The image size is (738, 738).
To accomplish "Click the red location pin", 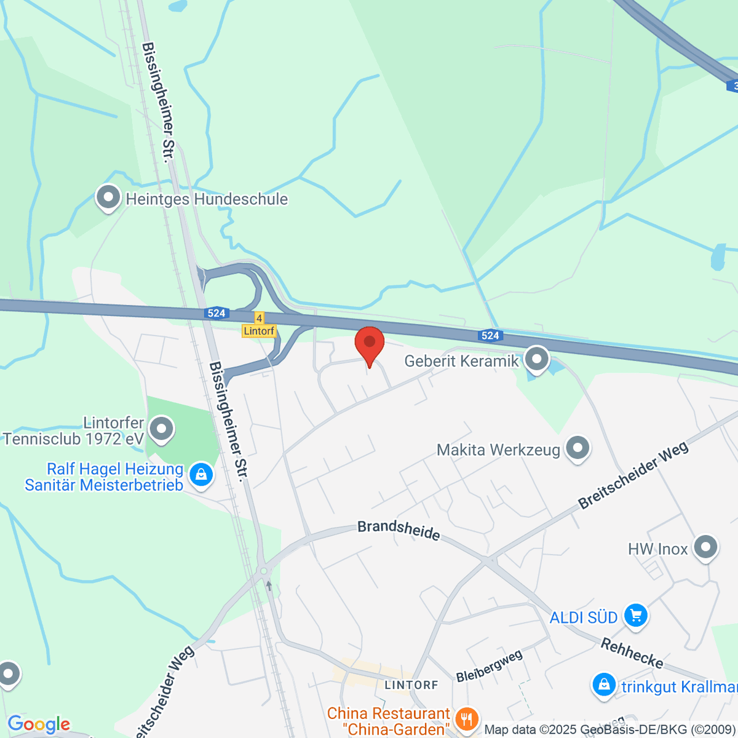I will [370, 344].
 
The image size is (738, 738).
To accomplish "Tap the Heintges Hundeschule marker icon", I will [109, 198].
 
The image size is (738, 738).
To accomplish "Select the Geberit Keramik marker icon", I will [537, 359].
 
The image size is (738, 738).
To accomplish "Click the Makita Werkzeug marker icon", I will [577, 449].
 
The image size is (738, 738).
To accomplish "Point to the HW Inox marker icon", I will [705, 547].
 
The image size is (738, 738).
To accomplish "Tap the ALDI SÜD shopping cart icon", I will [636, 615].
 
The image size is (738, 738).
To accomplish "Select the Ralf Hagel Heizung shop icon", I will [200, 475].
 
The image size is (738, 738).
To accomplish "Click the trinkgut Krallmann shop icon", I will [604, 685].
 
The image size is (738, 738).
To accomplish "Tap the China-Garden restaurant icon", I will [467, 719].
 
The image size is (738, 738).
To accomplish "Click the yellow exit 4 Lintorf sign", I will [259, 325].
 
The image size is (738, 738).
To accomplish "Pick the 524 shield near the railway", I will [216, 314].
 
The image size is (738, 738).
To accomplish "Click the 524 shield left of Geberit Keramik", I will [490, 335].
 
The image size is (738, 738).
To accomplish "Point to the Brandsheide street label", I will [399, 531].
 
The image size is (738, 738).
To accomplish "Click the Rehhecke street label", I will [632, 653].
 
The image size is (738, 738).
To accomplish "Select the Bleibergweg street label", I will [489, 665].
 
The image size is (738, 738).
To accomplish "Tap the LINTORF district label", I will [411, 685].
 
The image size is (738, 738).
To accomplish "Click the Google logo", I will [39, 724].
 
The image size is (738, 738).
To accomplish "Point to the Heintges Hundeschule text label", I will [207, 199].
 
